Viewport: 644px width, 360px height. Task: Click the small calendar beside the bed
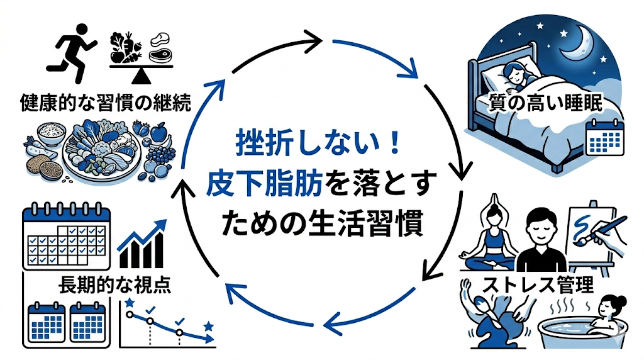[603, 137]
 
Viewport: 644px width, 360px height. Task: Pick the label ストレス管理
[538, 284]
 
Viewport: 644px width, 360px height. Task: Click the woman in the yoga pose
[492, 236]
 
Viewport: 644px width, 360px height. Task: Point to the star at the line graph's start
[130, 304]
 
